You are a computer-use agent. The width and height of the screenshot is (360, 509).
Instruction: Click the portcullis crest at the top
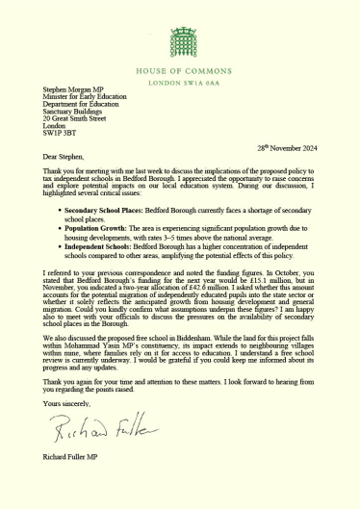(180, 41)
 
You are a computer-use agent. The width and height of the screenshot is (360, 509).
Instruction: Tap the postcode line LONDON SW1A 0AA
(180, 83)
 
